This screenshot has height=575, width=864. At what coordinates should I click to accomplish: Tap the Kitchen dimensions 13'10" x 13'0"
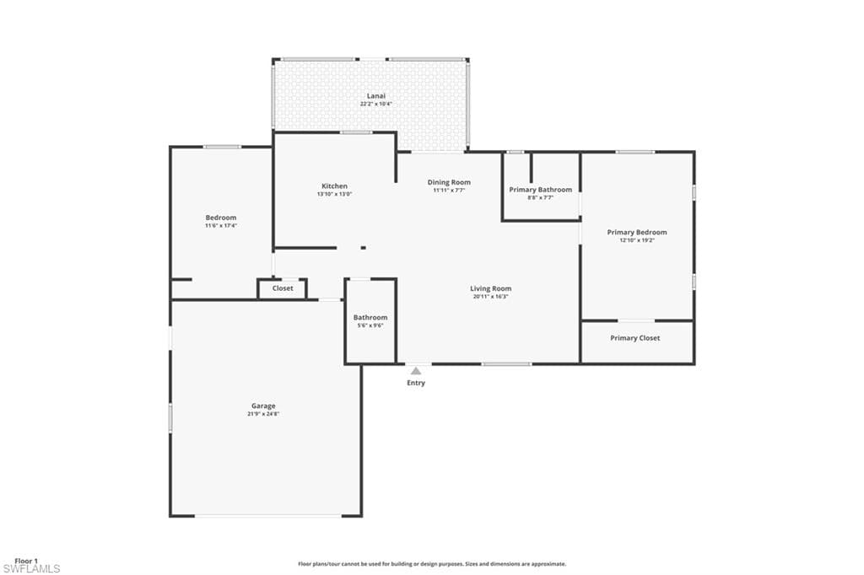pyautogui.click(x=334, y=194)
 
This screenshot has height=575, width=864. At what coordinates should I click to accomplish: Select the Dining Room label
pyautogui.click(x=449, y=182)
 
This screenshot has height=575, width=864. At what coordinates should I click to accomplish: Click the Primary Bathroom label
pyautogui.click(x=540, y=190)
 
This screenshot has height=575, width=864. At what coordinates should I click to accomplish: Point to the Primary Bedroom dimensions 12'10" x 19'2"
pyautogui.click(x=637, y=240)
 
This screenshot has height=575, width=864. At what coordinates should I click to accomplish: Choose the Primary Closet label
pyautogui.click(x=635, y=338)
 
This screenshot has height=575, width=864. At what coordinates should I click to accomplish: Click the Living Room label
pyautogui.click(x=491, y=289)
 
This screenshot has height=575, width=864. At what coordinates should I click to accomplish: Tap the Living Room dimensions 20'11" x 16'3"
pyautogui.click(x=491, y=297)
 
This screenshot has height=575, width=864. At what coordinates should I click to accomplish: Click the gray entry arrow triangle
pyautogui.click(x=416, y=370)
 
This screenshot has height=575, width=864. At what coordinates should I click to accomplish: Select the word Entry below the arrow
pyautogui.click(x=416, y=383)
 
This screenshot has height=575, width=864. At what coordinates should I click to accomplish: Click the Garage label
pyautogui.click(x=263, y=406)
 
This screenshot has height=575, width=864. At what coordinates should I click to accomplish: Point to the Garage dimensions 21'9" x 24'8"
pyautogui.click(x=263, y=414)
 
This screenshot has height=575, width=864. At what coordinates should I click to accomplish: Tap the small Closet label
pyautogui.click(x=283, y=288)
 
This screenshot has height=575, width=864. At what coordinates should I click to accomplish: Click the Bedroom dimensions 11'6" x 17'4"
pyautogui.click(x=221, y=226)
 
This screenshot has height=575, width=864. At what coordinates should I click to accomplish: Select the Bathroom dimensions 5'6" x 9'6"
pyautogui.click(x=370, y=325)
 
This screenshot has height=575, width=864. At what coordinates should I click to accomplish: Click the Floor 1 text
pyautogui.click(x=26, y=560)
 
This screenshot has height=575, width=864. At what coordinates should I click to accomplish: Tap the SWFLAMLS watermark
pyautogui.click(x=31, y=569)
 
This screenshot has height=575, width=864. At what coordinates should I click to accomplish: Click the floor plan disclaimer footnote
pyautogui.click(x=432, y=564)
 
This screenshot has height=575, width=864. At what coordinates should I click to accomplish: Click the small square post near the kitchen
pyautogui.click(x=364, y=248)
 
